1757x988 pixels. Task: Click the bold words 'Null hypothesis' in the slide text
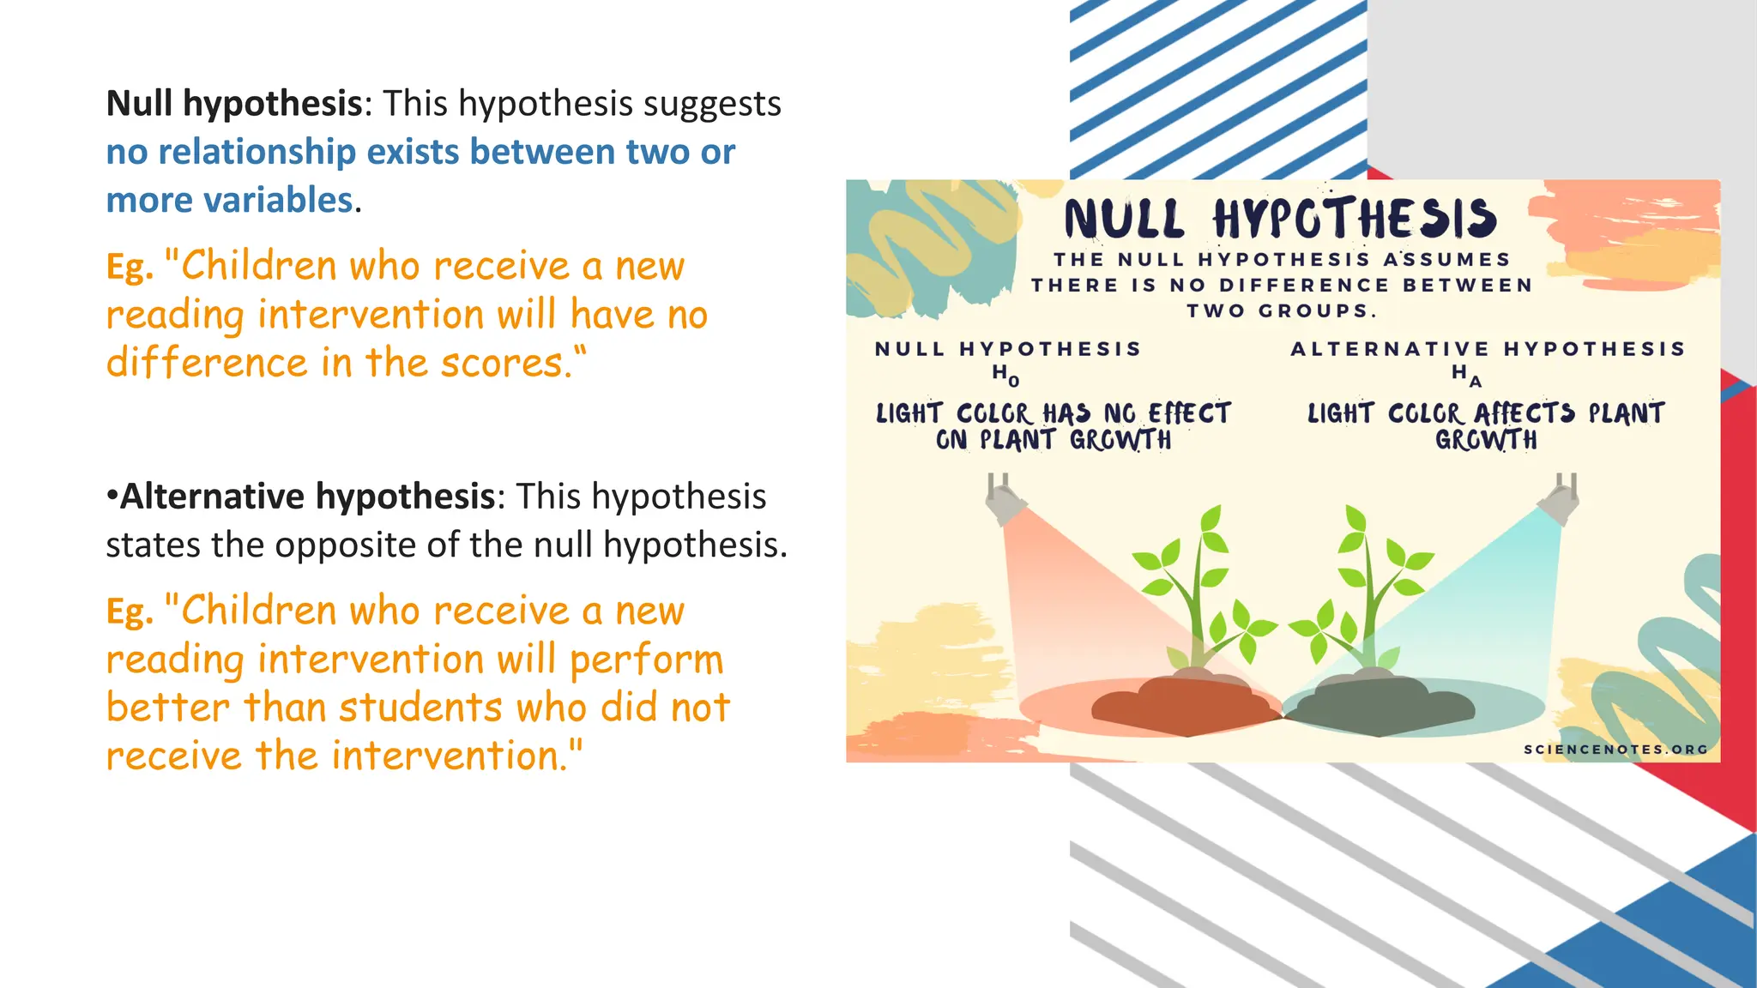(234, 105)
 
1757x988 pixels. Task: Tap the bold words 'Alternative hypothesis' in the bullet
(307, 497)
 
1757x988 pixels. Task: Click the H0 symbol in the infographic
(1005, 374)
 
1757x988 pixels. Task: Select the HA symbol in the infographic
(1465, 374)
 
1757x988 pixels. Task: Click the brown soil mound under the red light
(1184, 705)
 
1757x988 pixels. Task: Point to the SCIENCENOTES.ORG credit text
(1615, 750)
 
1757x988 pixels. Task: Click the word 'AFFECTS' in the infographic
(1525, 413)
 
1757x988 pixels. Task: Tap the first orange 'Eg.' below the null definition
(130, 268)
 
